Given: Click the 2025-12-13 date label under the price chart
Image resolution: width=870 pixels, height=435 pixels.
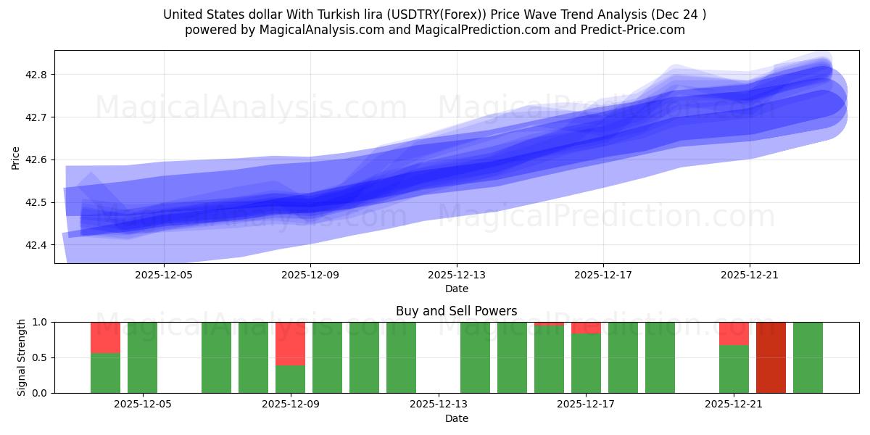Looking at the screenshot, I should tap(457, 275).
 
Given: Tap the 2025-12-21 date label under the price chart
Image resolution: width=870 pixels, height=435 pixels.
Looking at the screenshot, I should tap(750, 275).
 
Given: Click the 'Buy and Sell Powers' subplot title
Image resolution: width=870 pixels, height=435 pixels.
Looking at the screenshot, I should tap(457, 311).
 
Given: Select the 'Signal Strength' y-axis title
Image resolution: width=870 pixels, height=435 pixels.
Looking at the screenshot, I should tap(22, 357).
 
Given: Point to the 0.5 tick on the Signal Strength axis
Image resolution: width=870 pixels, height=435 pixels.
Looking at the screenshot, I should tap(41, 357).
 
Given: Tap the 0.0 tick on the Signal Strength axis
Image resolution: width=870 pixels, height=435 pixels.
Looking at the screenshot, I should tap(41, 393).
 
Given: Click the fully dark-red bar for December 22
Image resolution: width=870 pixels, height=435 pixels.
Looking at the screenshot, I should tap(771, 357).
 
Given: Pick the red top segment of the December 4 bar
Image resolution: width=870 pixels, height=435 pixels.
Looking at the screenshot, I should tap(105, 337).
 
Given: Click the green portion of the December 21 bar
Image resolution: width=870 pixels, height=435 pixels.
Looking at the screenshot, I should tap(734, 369).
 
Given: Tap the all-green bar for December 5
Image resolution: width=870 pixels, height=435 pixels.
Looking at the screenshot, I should tap(142, 357).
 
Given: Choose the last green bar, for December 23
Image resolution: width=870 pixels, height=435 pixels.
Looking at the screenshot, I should tap(808, 357).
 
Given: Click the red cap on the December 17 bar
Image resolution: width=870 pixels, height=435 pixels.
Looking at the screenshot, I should tap(586, 328).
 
